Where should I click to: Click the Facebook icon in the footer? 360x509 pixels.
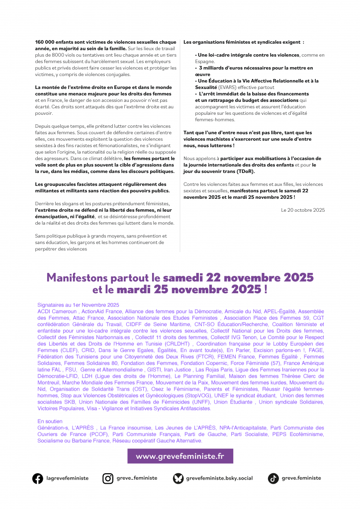(38, 478)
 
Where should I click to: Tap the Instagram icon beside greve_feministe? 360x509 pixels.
(108, 478)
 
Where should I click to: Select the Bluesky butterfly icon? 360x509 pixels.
(178, 478)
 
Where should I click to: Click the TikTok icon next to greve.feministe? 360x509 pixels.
(273, 478)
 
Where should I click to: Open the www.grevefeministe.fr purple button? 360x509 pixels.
(180, 456)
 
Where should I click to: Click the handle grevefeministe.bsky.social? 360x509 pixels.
(219, 478)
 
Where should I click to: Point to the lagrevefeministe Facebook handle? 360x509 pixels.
(67, 478)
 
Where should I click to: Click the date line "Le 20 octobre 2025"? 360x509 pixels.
(303, 210)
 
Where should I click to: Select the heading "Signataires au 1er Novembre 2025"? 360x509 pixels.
(78, 304)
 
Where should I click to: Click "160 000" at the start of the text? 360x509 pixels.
(46, 42)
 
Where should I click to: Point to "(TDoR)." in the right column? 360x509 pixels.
(246, 171)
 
